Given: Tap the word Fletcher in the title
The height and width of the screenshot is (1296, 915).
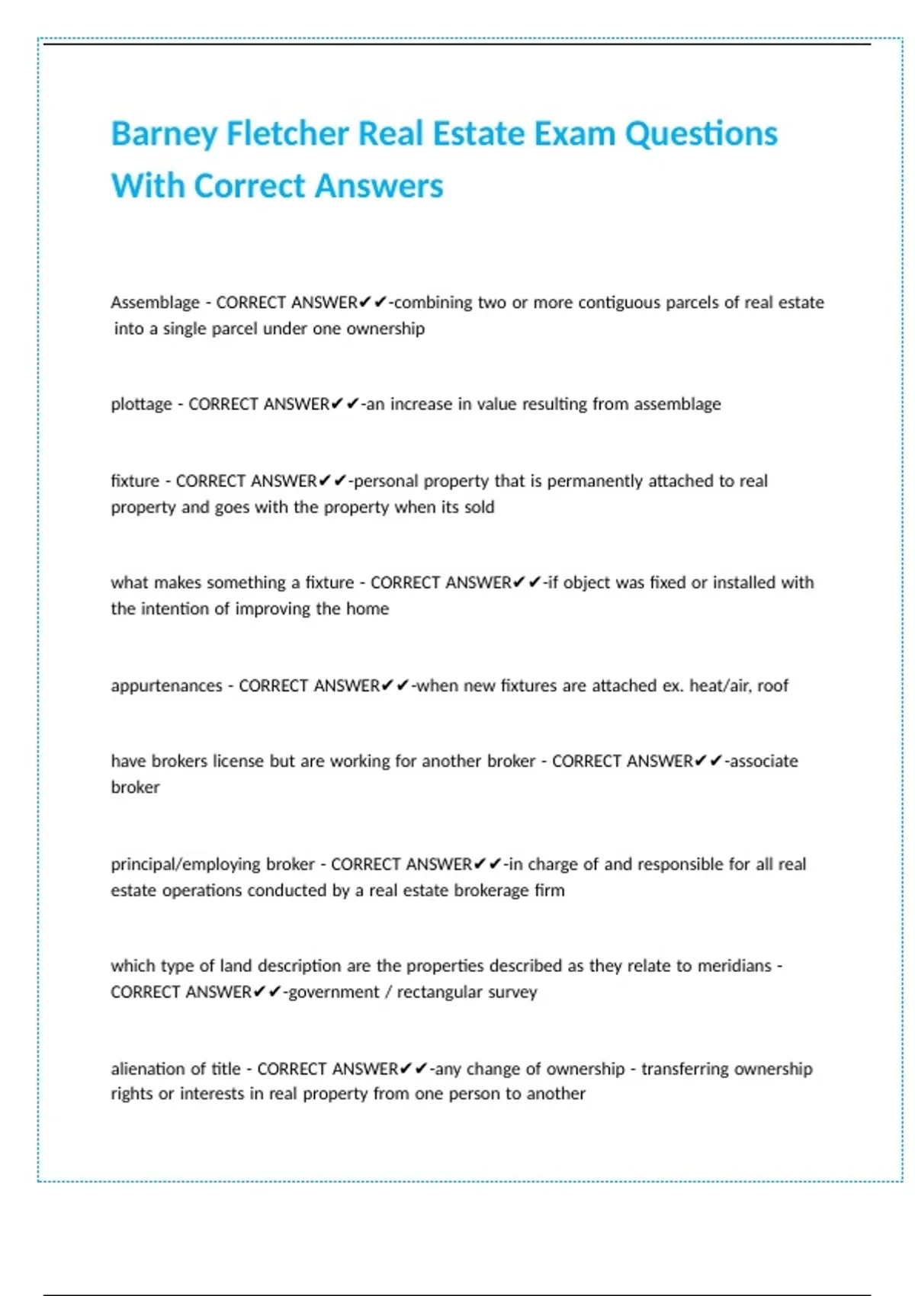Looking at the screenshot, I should click(x=287, y=133).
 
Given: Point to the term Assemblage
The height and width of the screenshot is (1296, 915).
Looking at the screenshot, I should click(x=155, y=303).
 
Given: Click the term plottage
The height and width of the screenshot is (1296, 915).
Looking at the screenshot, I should click(x=141, y=404).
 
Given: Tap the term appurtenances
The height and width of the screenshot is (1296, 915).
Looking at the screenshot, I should click(x=166, y=685).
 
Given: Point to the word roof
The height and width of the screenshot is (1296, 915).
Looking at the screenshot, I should click(x=772, y=685).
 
